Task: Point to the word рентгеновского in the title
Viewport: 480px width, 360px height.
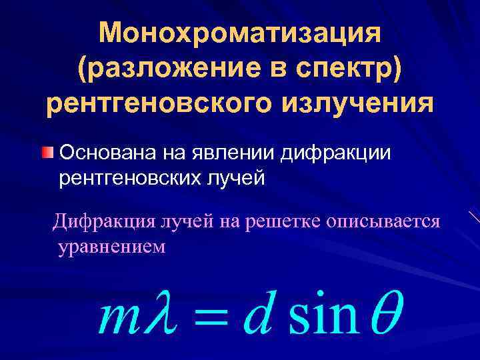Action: [157, 105]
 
